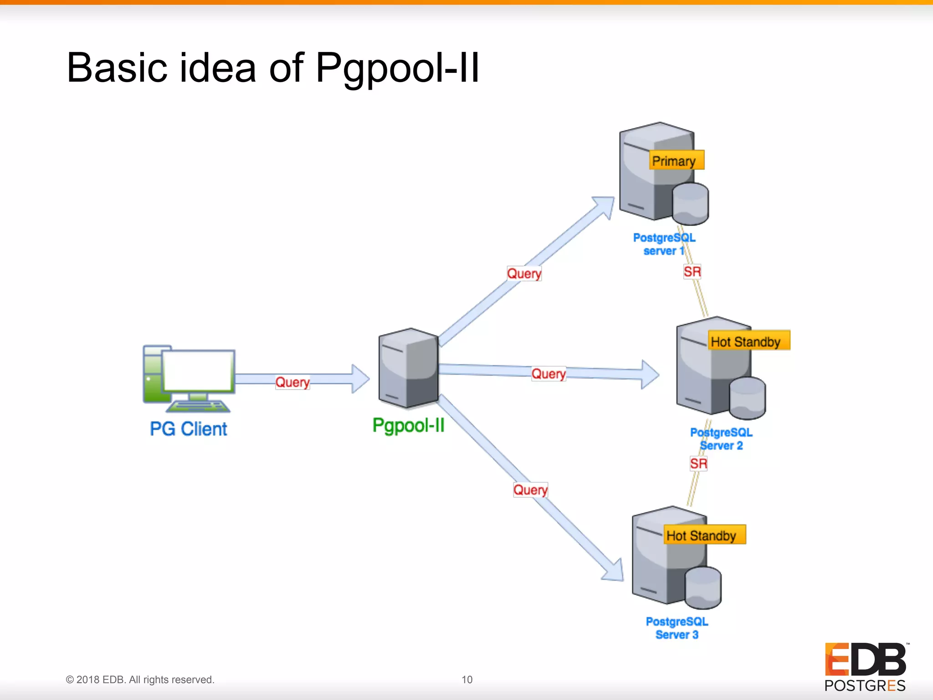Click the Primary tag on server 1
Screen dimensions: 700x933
coord(676,160)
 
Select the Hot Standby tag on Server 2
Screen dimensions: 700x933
coord(748,341)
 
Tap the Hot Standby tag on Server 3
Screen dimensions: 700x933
coord(704,535)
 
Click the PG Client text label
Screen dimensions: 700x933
coord(188,429)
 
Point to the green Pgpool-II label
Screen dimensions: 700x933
coord(408,425)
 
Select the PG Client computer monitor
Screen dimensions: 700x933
coord(198,371)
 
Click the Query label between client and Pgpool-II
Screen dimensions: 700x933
coord(292,382)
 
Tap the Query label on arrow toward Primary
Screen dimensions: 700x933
coord(524,273)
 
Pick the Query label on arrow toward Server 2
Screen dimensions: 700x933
coord(549,374)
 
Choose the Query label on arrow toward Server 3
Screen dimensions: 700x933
coord(530,490)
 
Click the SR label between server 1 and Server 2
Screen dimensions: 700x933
coord(692,272)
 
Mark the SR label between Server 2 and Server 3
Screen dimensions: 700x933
coord(698,464)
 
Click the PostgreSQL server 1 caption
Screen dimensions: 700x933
coord(664,244)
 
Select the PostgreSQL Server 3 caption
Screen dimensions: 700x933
coord(677,628)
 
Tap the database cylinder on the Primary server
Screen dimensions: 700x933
coord(690,204)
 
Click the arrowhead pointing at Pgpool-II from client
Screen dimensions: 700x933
coord(360,379)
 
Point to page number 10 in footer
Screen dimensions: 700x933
coord(467,679)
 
